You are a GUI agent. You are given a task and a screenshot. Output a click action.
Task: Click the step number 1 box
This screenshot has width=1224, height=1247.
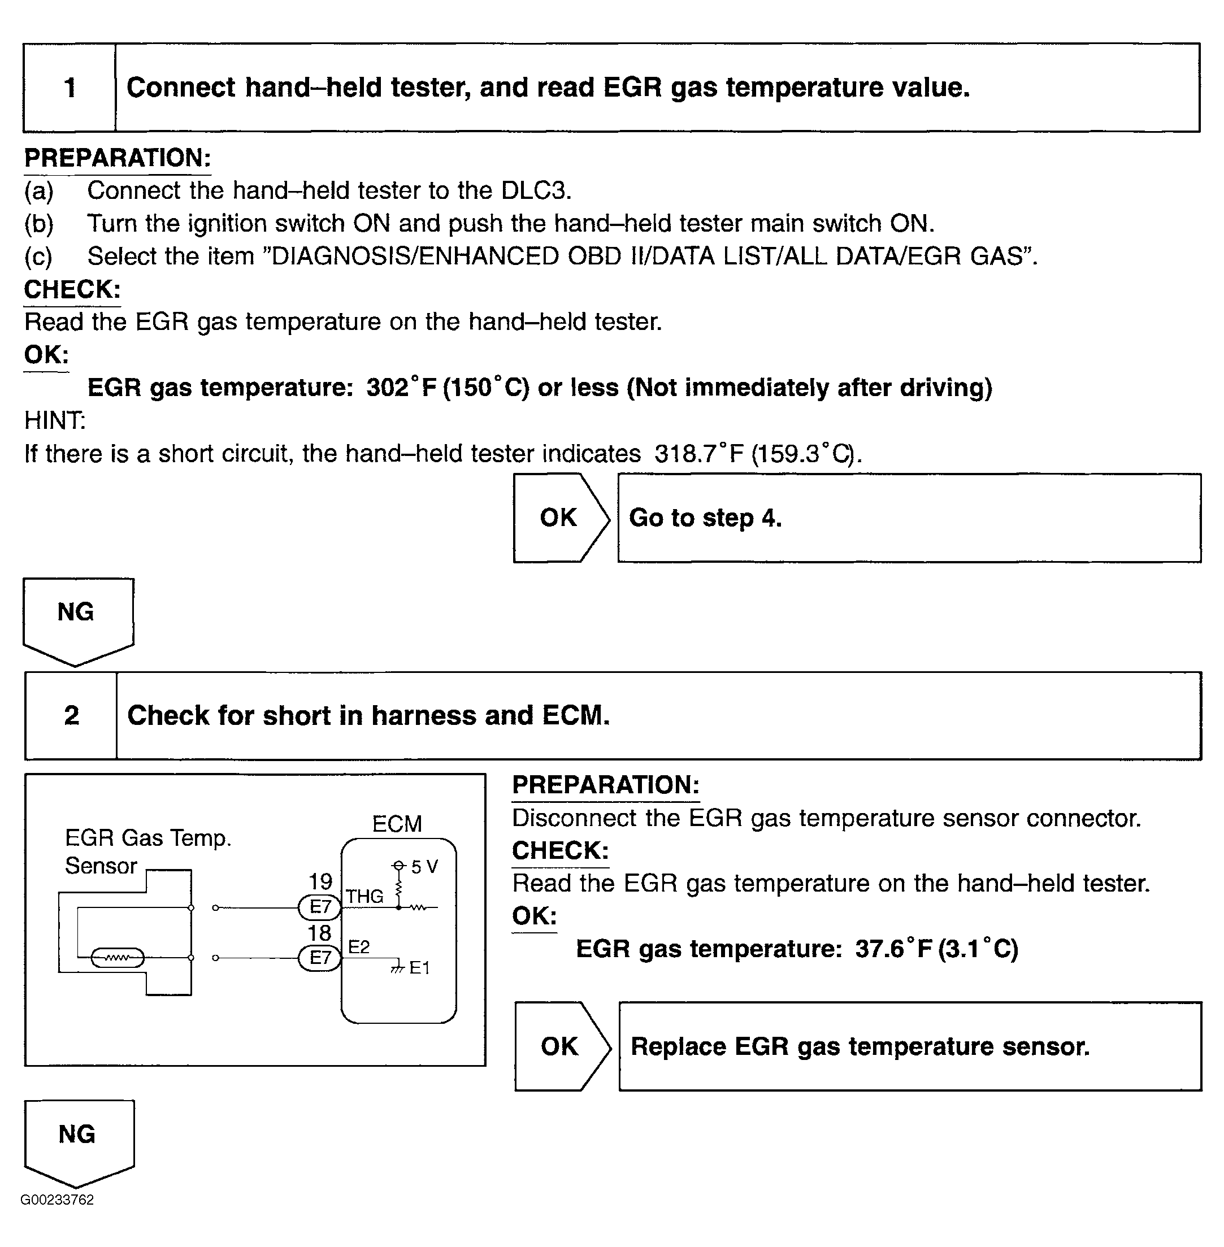click(x=70, y=88)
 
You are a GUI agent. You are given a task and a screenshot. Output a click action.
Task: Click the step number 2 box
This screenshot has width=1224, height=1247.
click(x=71, y=715)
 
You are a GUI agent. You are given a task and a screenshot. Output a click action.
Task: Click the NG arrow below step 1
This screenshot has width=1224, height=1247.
click(x=78, y=617)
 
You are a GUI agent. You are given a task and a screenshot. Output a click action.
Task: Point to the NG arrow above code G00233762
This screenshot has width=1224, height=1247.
click(x=79, y=1140)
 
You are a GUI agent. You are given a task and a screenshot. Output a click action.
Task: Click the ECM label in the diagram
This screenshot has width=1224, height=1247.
click(x=397, y=824)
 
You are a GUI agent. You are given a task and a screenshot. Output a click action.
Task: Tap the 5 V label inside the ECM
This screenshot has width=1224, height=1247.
click(x=424, y=867)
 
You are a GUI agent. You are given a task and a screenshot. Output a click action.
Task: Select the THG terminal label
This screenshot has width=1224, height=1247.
click(x=364, y=896)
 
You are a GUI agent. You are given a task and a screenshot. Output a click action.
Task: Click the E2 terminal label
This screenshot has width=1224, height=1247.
click(x=359, y=947)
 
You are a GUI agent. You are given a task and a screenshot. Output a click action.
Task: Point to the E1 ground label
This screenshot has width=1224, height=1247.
click(x=419, y=968)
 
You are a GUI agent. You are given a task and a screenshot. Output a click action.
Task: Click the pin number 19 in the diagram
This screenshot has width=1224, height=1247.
click(x=320, y=881)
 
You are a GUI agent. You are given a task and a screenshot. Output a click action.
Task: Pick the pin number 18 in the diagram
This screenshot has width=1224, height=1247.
click(x=319, y=933)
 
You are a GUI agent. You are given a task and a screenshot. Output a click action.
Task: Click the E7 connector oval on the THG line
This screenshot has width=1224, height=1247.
click(x=319, y=907)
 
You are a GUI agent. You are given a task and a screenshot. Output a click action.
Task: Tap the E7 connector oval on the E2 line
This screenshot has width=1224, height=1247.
click(x=319, y=958)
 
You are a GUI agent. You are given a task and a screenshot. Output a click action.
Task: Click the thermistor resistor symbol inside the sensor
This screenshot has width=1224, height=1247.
click(x=118, y=958)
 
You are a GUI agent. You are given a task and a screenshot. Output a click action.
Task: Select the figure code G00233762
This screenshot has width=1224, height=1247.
click(x=57, y=1200)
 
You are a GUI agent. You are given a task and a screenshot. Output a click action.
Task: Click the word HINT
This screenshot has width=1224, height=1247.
click(x=55, y=420)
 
